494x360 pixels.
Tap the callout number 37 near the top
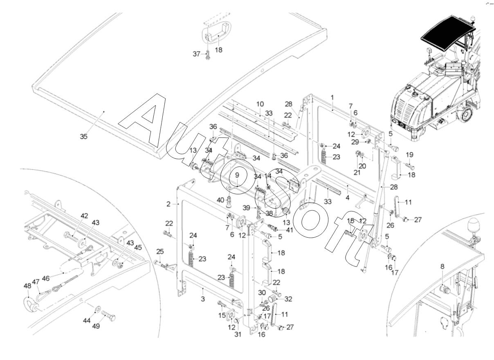click(196, 54)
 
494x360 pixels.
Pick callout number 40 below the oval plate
click(221, 200)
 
